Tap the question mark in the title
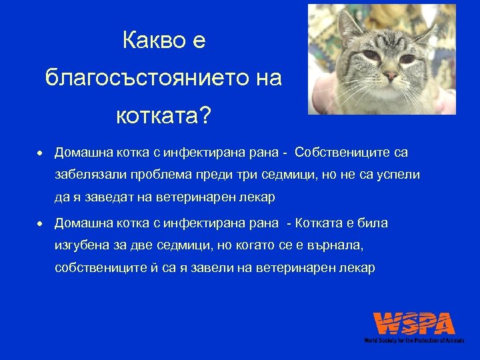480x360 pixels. [203, 117]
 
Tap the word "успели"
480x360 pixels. [397, 175]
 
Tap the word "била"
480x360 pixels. [373, 223]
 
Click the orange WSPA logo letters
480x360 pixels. [414, 324]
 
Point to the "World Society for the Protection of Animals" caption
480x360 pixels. [414, 340]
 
